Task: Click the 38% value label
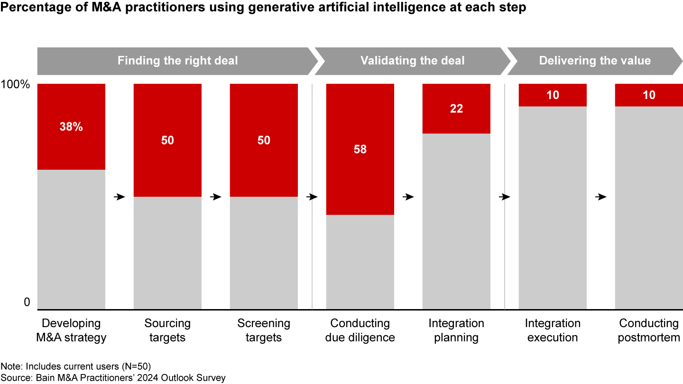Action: tap(71, 127)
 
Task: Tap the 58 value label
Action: tap(360, 149)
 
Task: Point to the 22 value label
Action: tap(456, 109)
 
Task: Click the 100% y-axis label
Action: tap(16, 85)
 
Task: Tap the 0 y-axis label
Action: tap(27, 302)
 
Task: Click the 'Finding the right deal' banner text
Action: tap(177, 61)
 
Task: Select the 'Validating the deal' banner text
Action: tap(413, 61)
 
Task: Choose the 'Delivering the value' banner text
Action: tap(595, 61)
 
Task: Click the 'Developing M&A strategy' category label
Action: tap(71, 330)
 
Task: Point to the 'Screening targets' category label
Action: tap(264, 330)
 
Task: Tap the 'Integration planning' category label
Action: tap(456, 330)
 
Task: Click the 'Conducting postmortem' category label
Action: tap(649, 330)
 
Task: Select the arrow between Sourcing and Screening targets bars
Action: tap(216, 197)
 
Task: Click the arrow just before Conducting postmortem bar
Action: tap(601, 197)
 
